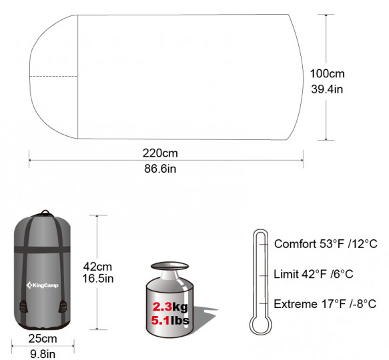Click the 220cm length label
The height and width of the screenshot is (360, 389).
160,153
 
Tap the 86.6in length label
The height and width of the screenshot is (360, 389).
160,169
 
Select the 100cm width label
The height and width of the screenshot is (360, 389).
327,73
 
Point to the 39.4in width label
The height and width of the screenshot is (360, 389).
327,89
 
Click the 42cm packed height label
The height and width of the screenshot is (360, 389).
97,267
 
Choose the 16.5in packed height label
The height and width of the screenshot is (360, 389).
98,279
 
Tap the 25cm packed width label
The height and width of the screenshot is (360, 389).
43,339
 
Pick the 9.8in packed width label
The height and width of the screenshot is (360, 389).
43,354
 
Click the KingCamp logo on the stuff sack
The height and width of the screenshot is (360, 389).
43,285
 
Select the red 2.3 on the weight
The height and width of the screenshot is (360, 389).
162,307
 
